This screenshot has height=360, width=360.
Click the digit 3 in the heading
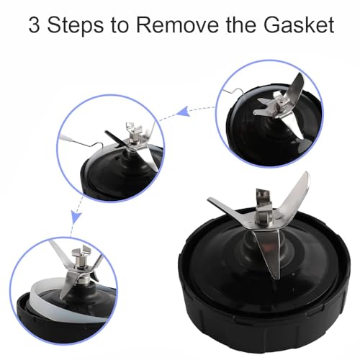(34, 24)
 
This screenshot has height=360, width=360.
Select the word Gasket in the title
(299, 24)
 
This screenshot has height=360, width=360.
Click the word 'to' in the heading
(120, 25)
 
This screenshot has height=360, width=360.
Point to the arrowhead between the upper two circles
(183, 112)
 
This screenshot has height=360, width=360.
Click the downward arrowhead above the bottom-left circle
(76, 217)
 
